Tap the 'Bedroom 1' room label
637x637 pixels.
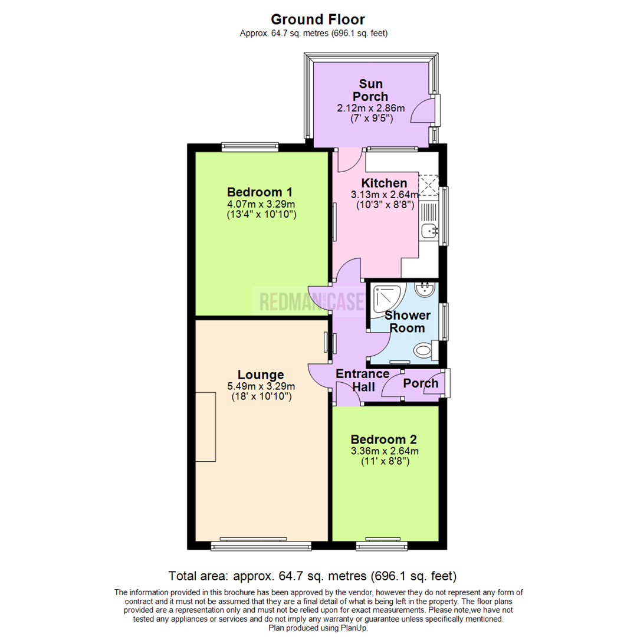click(x=260, y=192)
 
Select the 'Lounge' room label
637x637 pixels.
click(x=261, y=375)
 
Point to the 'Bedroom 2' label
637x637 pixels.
click(x=383, y=439)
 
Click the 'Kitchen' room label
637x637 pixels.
click(x=384, y=183)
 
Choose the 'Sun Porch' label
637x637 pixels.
click(x=370, y=90)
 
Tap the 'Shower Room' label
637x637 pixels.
click(x=407, y=321)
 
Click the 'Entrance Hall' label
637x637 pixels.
click(x=362, y=380)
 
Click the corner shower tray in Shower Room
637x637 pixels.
click(x=386, y=295)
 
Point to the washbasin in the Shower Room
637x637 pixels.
click(x=425, y=289)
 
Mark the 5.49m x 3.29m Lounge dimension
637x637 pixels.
click(x=261, y=387)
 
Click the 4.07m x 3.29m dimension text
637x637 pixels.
click(x=261, y=205)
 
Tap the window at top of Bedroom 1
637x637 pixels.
click(x=249, y=147)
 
